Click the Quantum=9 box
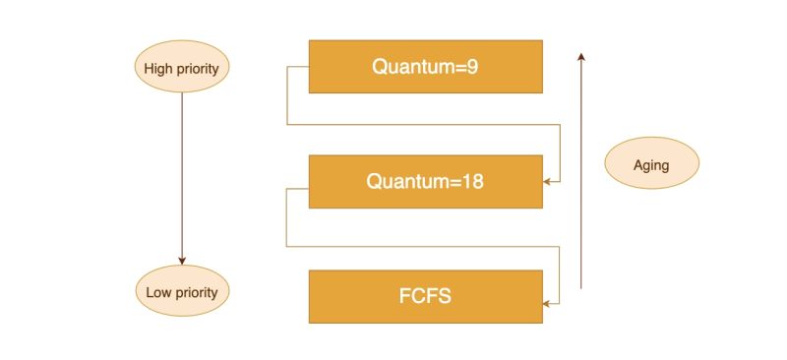pos(425,66)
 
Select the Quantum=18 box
pos(425,181)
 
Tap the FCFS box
pos(425,296)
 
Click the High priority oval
pos(181,68)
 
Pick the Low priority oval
pos(181,292)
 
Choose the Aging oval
pos(651,164)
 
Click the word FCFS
pos(426,296)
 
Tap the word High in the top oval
pos(159,68)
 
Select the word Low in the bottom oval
pos(159,292)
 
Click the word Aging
pos(651,164)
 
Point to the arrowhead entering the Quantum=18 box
pos(547,182)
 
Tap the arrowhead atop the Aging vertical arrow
pos(581,57)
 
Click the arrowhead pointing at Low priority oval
pos(181,261)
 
